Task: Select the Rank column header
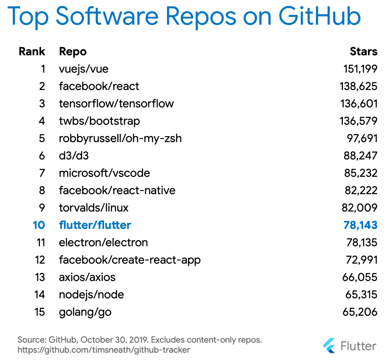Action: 32,51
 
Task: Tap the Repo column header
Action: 73,51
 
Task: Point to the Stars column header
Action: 363,51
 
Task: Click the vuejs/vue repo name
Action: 84,69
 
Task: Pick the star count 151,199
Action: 360,69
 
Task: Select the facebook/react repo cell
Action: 99,86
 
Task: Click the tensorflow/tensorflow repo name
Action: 116,104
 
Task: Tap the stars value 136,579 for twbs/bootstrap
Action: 358,121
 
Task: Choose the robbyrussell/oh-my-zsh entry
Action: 120,138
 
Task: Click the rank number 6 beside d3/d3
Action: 42,156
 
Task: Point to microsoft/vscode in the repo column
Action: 105,173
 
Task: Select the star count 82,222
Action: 360,191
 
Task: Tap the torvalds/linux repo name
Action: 94,208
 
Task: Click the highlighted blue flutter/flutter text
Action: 95,225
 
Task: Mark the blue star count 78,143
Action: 360,225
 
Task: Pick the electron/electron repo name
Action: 103,243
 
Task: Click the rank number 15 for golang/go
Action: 40,312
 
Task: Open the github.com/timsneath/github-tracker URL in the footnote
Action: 104,350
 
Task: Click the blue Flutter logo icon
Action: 328,345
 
